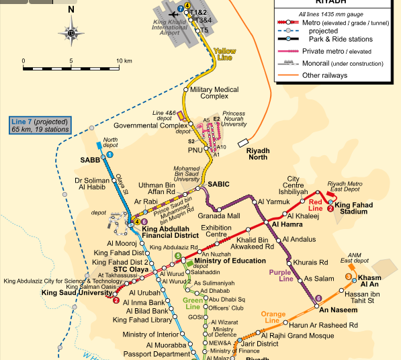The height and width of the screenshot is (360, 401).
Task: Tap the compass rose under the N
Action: coord(71,32)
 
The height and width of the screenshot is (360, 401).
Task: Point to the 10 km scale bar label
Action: coord(124,61)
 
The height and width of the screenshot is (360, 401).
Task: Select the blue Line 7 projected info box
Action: coord(40,126)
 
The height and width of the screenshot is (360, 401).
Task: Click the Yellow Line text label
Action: coord(225,54)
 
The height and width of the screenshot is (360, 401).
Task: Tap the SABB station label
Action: coord(90,161)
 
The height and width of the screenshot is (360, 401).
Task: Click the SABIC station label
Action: coord(219,183)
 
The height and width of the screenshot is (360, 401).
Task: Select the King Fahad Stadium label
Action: coord(361,208)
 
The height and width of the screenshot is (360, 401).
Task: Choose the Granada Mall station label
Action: coord(218,216)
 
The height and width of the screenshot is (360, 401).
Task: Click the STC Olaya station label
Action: coord(131,269)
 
